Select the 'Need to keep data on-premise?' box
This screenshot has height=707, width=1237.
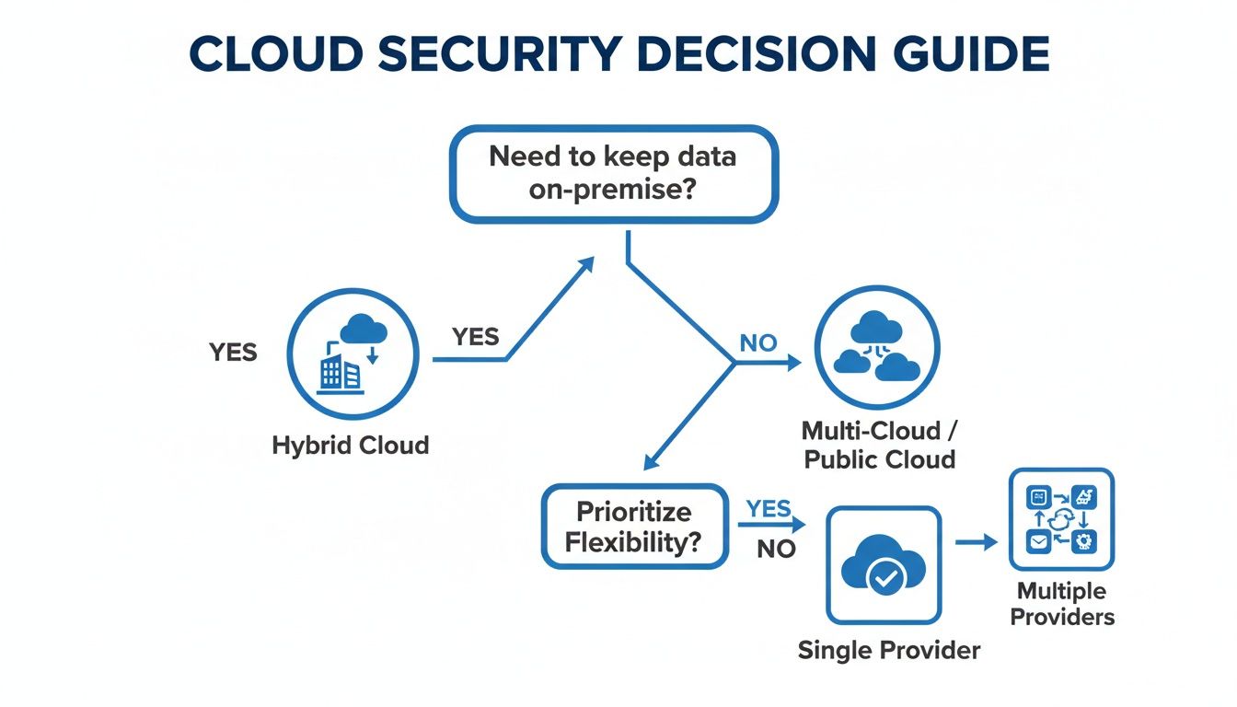[x=613, y=174]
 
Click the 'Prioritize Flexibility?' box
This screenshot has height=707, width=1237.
[x=632, y=527]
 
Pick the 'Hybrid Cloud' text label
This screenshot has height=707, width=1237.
[x=351, y=446]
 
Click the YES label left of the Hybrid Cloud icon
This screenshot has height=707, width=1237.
[x=233, y=352]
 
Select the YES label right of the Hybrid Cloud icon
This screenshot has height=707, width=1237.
[x=476, y=337]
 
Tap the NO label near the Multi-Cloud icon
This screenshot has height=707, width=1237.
[x=758, y=343]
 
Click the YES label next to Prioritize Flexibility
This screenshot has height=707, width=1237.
[x=769, y=508]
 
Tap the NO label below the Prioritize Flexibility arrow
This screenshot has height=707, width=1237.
[x=776, y=550]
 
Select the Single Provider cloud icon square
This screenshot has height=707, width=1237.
[x=884, y=565]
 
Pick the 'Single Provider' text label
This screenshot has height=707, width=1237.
[x=888, y=651]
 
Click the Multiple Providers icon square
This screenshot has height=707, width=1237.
[x=1061, y=519]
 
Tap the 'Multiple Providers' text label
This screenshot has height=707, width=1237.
[x=1062, y=604]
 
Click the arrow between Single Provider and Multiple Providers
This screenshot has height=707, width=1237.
[x=976, y=542]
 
